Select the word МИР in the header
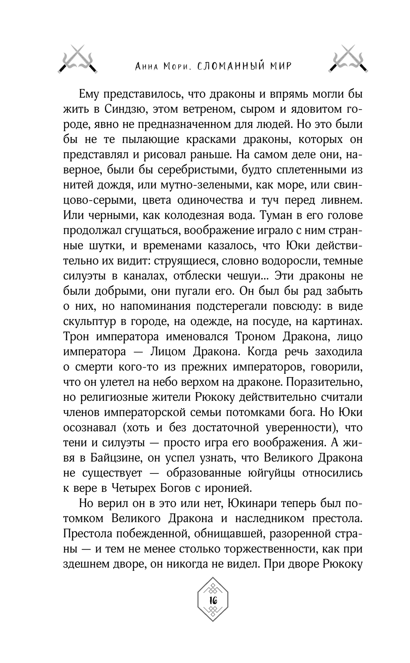pos(280,66)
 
